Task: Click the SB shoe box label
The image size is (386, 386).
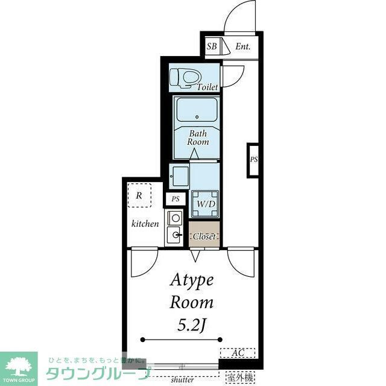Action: pos(212,46)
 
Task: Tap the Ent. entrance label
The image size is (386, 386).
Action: pos(242,46)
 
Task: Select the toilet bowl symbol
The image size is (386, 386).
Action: pos(186,78)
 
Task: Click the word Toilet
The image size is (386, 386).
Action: pos(207,87)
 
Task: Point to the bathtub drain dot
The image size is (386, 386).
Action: pos(197,117)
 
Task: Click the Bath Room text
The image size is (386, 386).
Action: pos(198,138)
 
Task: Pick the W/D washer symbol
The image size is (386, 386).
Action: pos(205,204)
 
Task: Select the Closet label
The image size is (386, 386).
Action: pos(204,236)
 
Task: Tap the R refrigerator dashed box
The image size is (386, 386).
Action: pos(139,195)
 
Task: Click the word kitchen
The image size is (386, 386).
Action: pos(145,224)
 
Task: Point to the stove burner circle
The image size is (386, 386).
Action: pos(176,218)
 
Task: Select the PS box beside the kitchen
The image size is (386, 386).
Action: pos(176,199)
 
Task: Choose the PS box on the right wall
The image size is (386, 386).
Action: pos(253,160)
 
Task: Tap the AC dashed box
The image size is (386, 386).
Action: pos(238,353)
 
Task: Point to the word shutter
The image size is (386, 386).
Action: pos(182,379)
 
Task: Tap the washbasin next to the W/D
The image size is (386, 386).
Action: pos(180,177)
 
